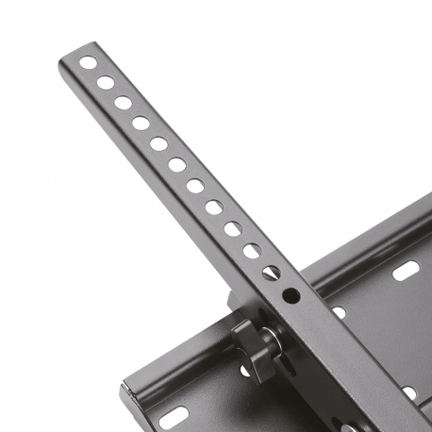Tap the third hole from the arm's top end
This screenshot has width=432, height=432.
[x=124, y=103]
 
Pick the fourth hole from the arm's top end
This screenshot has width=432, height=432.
[x=141, y=122]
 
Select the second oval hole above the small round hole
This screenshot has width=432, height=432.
[x=251, y=251]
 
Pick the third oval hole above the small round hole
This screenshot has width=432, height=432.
[x=232, y=228]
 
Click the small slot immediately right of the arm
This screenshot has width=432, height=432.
[x=337, y=312]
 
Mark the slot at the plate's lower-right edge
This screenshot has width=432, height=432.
[x=409, y=391]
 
